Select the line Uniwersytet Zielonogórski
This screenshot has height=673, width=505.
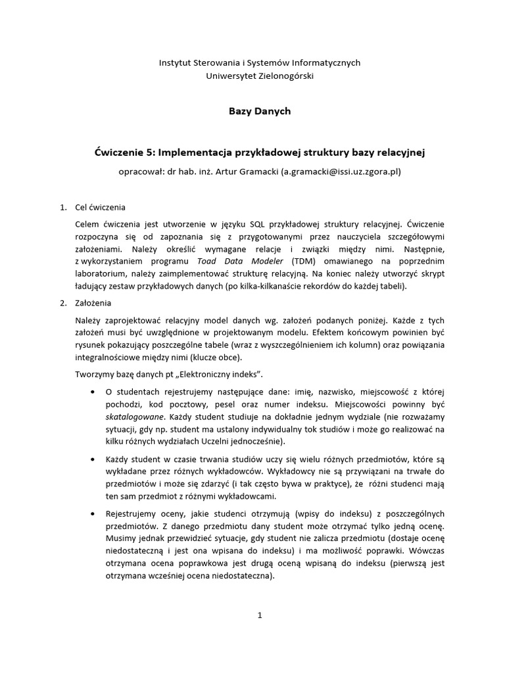tap(260, 76)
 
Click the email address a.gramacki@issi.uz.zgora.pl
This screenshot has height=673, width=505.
tap(340, 172)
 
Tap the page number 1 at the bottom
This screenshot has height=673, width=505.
tap(260, 615)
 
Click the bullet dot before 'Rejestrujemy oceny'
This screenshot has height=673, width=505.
tap(91, 513)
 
